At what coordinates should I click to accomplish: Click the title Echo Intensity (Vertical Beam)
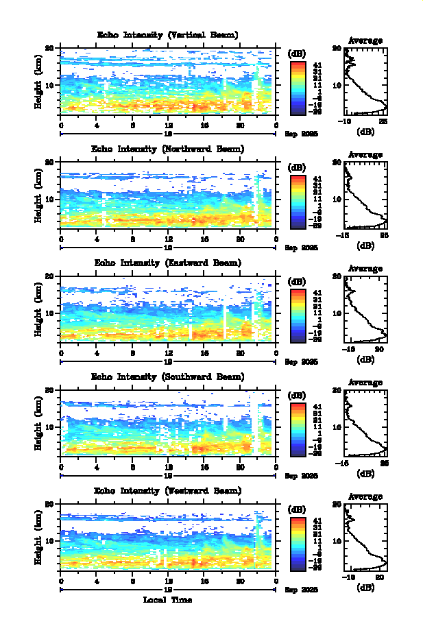[168, 34]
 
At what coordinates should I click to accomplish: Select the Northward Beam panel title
[168, 149]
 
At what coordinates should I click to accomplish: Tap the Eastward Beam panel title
[168, 263]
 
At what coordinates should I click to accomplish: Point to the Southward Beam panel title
[168, 377]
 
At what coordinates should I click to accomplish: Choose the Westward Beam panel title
[168, 491]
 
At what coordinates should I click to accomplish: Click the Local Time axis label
[167, 600]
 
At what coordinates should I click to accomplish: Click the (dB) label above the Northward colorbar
[298, 167]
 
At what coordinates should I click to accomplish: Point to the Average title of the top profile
[365, 40]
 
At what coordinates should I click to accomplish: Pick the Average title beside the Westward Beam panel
[365, 497]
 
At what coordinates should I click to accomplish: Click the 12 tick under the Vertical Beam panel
[168, 126]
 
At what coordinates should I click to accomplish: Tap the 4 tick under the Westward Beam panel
[97, 582]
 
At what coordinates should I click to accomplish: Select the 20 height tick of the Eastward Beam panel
[49, 276]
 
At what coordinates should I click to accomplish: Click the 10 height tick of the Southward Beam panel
[49, 426]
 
